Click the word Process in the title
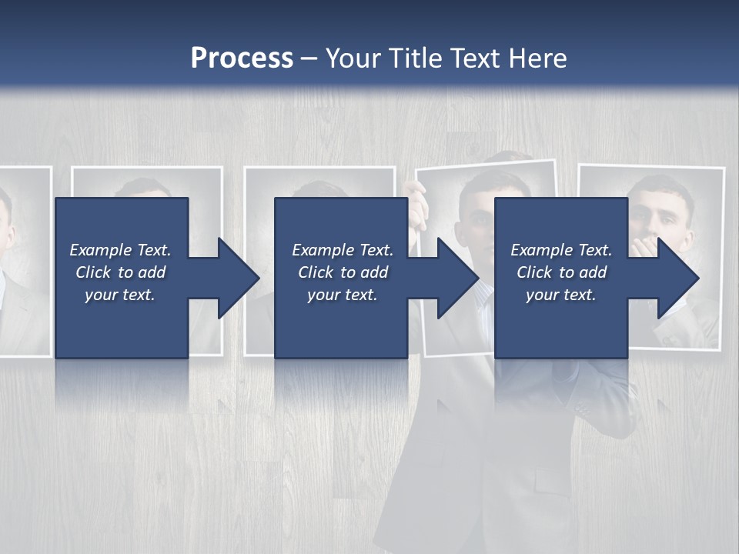point(242,58)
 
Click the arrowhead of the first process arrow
point(239,278)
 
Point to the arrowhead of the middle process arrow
point(458,278)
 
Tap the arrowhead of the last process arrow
point(678,278)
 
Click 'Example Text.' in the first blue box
point(120,250)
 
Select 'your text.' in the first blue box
point(120,295)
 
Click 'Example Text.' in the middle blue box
point(343,250)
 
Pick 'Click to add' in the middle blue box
point(343,272)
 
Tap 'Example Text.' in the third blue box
point(561,250)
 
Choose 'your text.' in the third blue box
point(561,295)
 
